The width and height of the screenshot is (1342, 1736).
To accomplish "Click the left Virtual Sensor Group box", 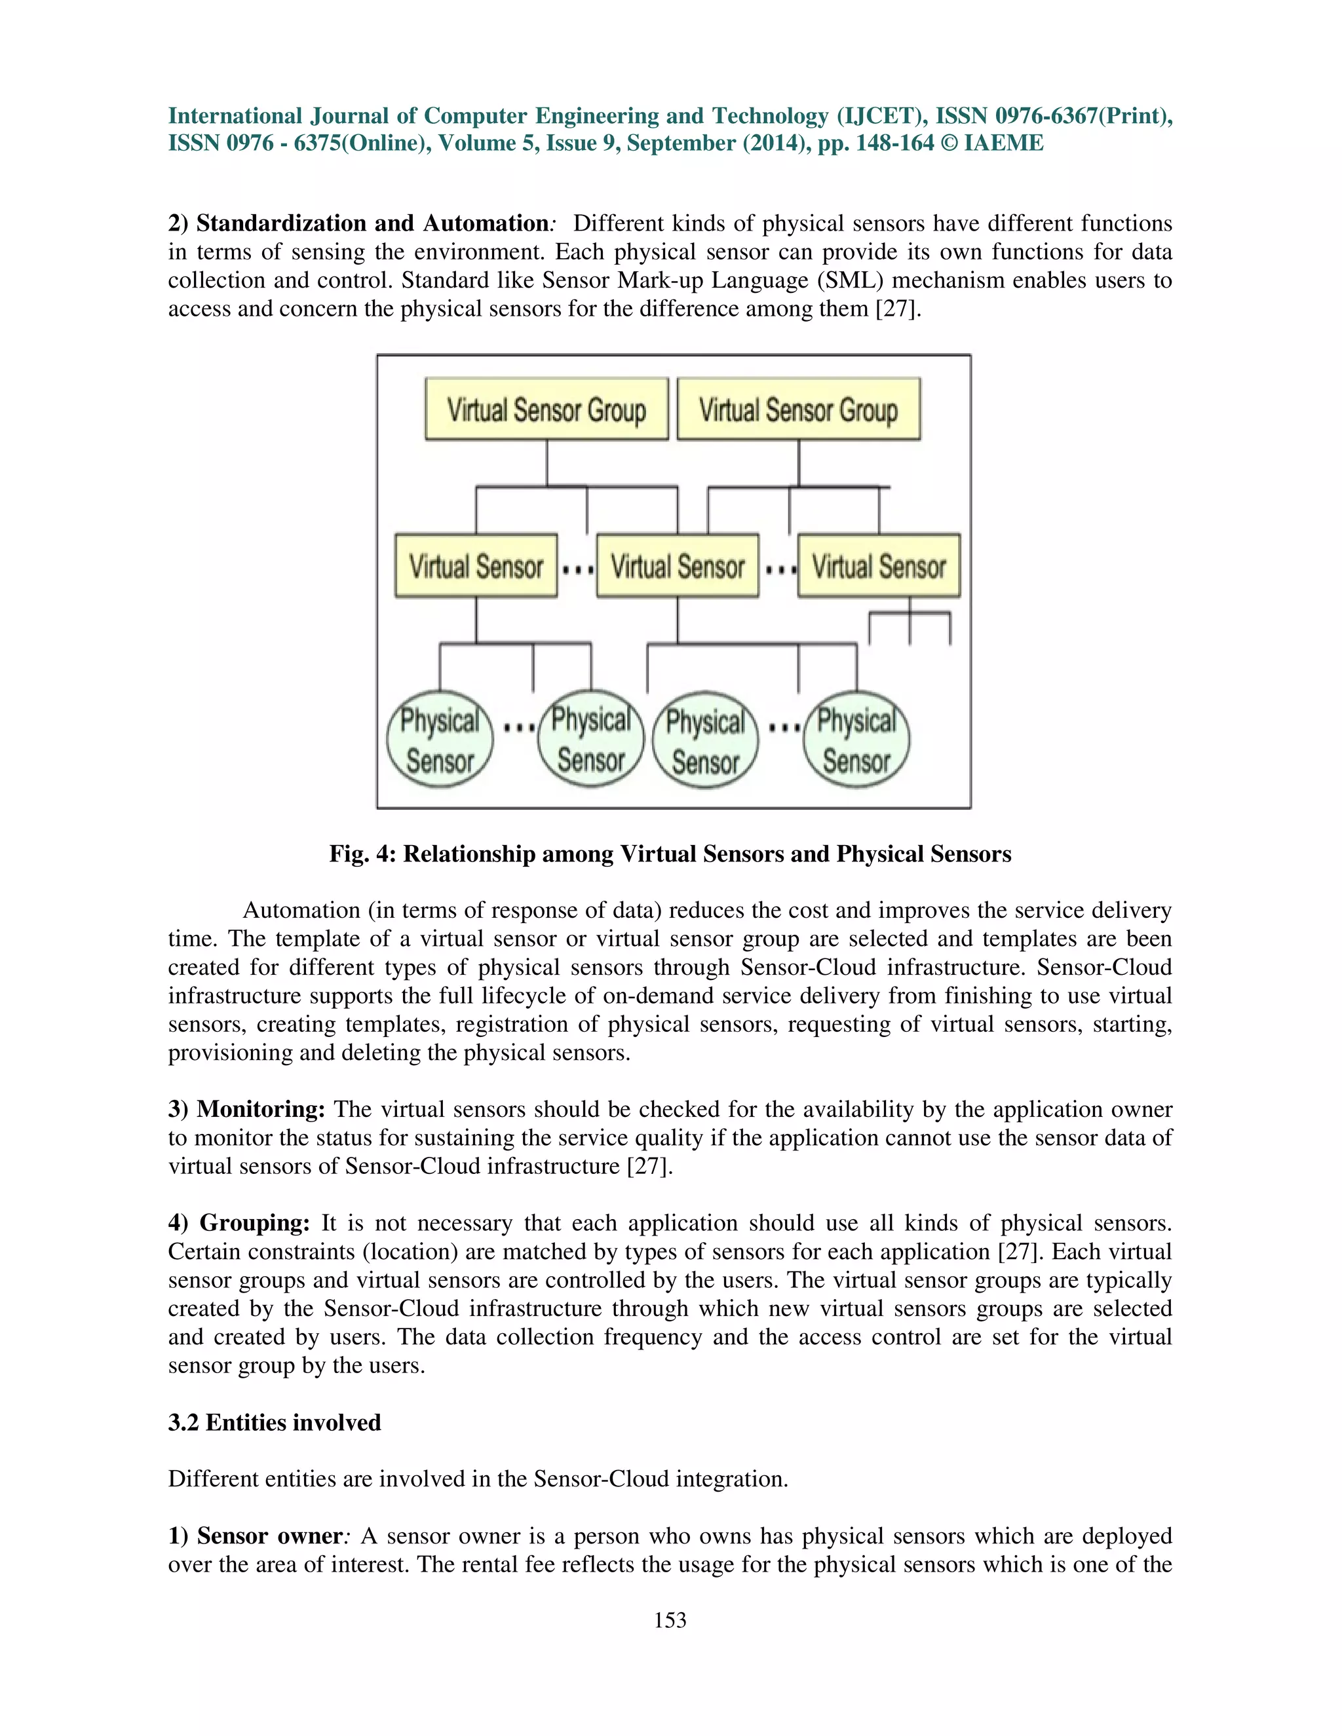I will pyautogui.click(x=546, y=409).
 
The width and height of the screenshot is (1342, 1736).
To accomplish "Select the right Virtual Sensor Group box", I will pyautogui.click(x=798, y=409).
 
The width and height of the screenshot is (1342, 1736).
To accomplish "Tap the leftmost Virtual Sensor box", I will pyautogui.click(x=476, y=566).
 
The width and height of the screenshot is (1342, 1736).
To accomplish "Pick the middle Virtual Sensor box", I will pyautogui.click(x=678, y=566).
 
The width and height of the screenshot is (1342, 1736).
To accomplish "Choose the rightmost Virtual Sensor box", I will pyautogui.click(x=879, y=566).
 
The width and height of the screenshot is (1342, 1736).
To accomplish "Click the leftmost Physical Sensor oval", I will pyautogui.click(x=440, y=739).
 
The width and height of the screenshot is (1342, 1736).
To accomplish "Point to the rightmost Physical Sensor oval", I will pyautogui.click(x=856, y=739).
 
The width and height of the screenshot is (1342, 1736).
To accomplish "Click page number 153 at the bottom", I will pyautogui.click(x=670, y=1619).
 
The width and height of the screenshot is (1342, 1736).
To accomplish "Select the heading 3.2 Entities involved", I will pyautogui.click(x=275, y=1422).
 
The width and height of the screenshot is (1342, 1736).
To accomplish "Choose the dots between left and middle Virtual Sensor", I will pyautogui.click(x=577, y=570).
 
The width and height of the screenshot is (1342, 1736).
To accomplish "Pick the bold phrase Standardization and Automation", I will pyautogui.click(x=372, y=223).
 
